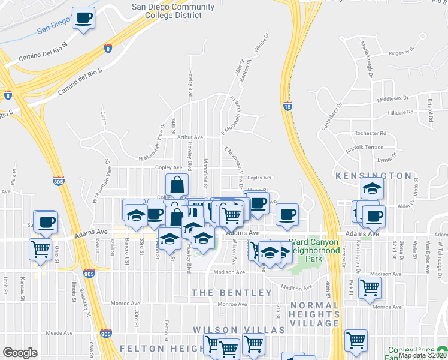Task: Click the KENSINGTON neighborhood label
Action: (373, 176)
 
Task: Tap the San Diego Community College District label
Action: (173, 11)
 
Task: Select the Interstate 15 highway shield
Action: (287, 106)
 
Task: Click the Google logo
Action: (20, 353)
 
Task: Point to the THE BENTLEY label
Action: (232, 293)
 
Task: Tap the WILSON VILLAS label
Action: (230, 331)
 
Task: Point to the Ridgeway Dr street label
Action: (402, 52)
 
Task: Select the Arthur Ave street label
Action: (190, 137)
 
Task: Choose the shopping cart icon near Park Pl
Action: (370, 288)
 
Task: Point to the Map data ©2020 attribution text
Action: (422, 355)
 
